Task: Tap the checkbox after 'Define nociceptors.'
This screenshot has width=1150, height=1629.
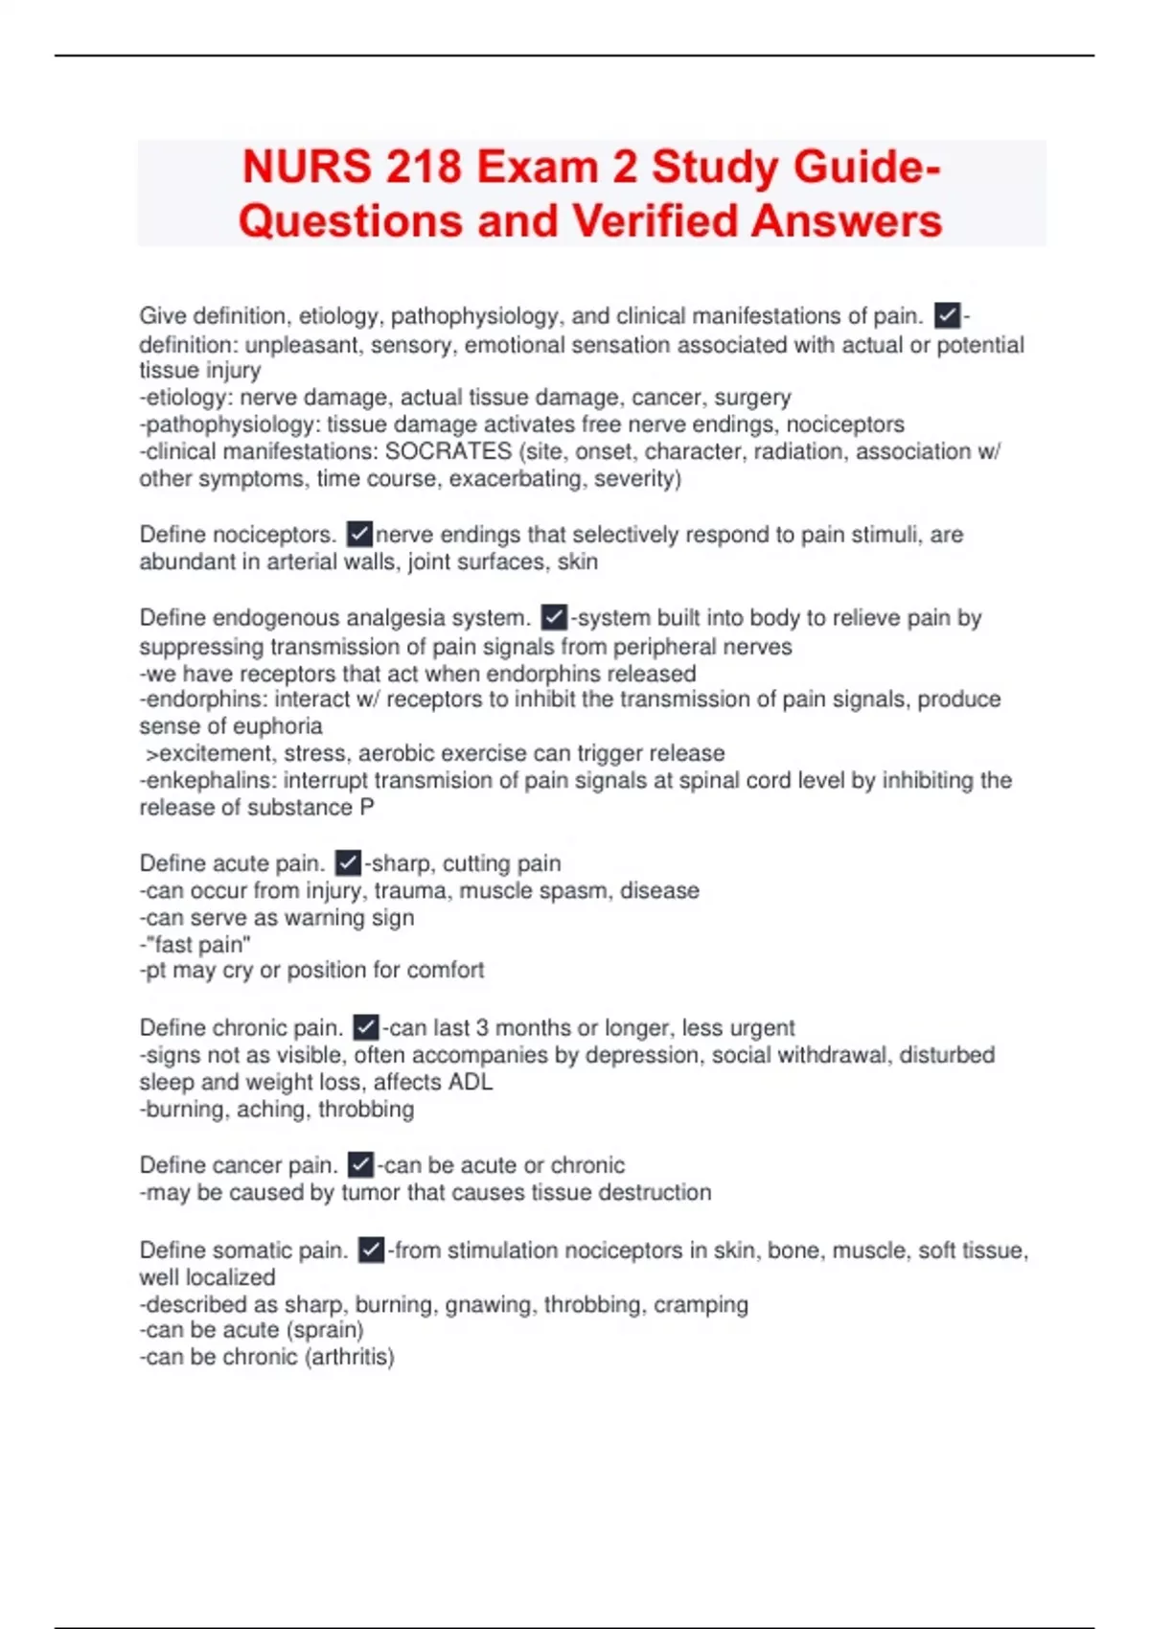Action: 359,533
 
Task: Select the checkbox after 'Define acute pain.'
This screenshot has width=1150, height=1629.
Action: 348,862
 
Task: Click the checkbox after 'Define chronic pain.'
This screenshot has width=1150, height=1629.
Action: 366,1027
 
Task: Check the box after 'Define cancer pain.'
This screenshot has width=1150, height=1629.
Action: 360,1164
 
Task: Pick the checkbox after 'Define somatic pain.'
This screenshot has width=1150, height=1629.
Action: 371,1250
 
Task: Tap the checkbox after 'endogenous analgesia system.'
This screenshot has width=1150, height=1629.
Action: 554,617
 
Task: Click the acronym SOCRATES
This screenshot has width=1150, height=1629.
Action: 448,451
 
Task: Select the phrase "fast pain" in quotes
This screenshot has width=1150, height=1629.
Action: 198,945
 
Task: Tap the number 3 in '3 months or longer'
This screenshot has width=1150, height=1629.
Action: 482,1028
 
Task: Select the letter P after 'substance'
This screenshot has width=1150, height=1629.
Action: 367,808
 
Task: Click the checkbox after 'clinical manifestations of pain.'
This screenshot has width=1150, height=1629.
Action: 947,315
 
